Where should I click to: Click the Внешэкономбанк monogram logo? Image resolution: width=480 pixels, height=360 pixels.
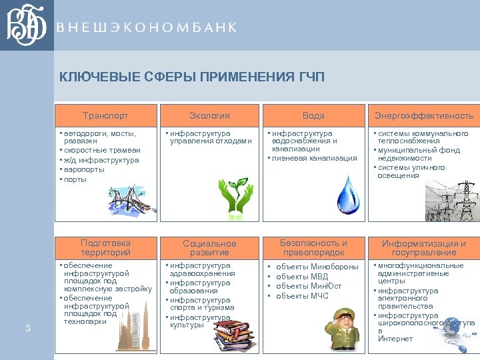pos(26,25)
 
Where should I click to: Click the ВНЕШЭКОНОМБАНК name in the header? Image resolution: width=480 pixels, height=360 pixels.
pos(146,27)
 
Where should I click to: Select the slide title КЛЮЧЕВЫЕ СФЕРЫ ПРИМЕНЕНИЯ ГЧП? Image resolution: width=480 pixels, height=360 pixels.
pos(192,77)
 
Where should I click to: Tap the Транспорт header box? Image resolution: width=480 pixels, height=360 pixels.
pos(105,115)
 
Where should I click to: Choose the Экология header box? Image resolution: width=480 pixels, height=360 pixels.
pos(209,115)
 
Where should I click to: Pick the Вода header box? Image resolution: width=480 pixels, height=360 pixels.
pos(313,115)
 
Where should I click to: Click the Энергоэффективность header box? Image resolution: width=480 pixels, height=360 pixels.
pos(423,115)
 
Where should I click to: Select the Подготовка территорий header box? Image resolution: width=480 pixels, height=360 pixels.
pos(105,247)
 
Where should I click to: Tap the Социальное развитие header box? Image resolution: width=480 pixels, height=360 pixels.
pos(209,247)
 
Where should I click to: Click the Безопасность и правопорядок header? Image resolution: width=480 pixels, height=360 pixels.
pos(313,247)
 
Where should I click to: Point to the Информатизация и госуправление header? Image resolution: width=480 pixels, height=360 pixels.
pos(423,247)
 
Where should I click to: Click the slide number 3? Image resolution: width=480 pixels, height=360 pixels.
pos(27,327)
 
